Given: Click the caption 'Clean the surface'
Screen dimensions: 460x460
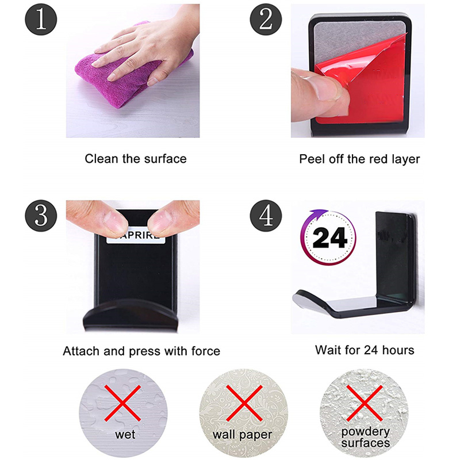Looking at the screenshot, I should pyautogui.click(x=136, y=159).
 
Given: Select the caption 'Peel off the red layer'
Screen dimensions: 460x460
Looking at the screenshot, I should pyautogui.click(x=359, y=159).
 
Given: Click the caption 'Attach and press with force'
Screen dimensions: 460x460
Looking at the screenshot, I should pyautogui.click(x=141, y=351).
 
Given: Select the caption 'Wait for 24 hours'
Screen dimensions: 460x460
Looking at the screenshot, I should pyautogui.click(x=365, y=350).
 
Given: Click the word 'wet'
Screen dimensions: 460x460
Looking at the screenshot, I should pyautogui.click(x=125, y=434).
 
